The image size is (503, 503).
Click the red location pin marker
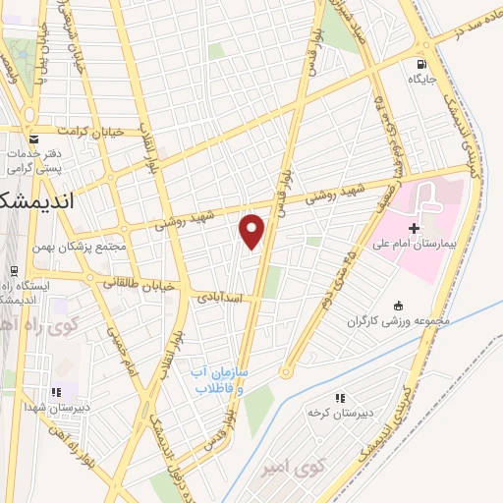252,232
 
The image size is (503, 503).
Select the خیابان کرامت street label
92,131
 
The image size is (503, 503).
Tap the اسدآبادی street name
224,295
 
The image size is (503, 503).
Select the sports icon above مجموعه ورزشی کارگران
397,305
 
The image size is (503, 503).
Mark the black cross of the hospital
414,228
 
